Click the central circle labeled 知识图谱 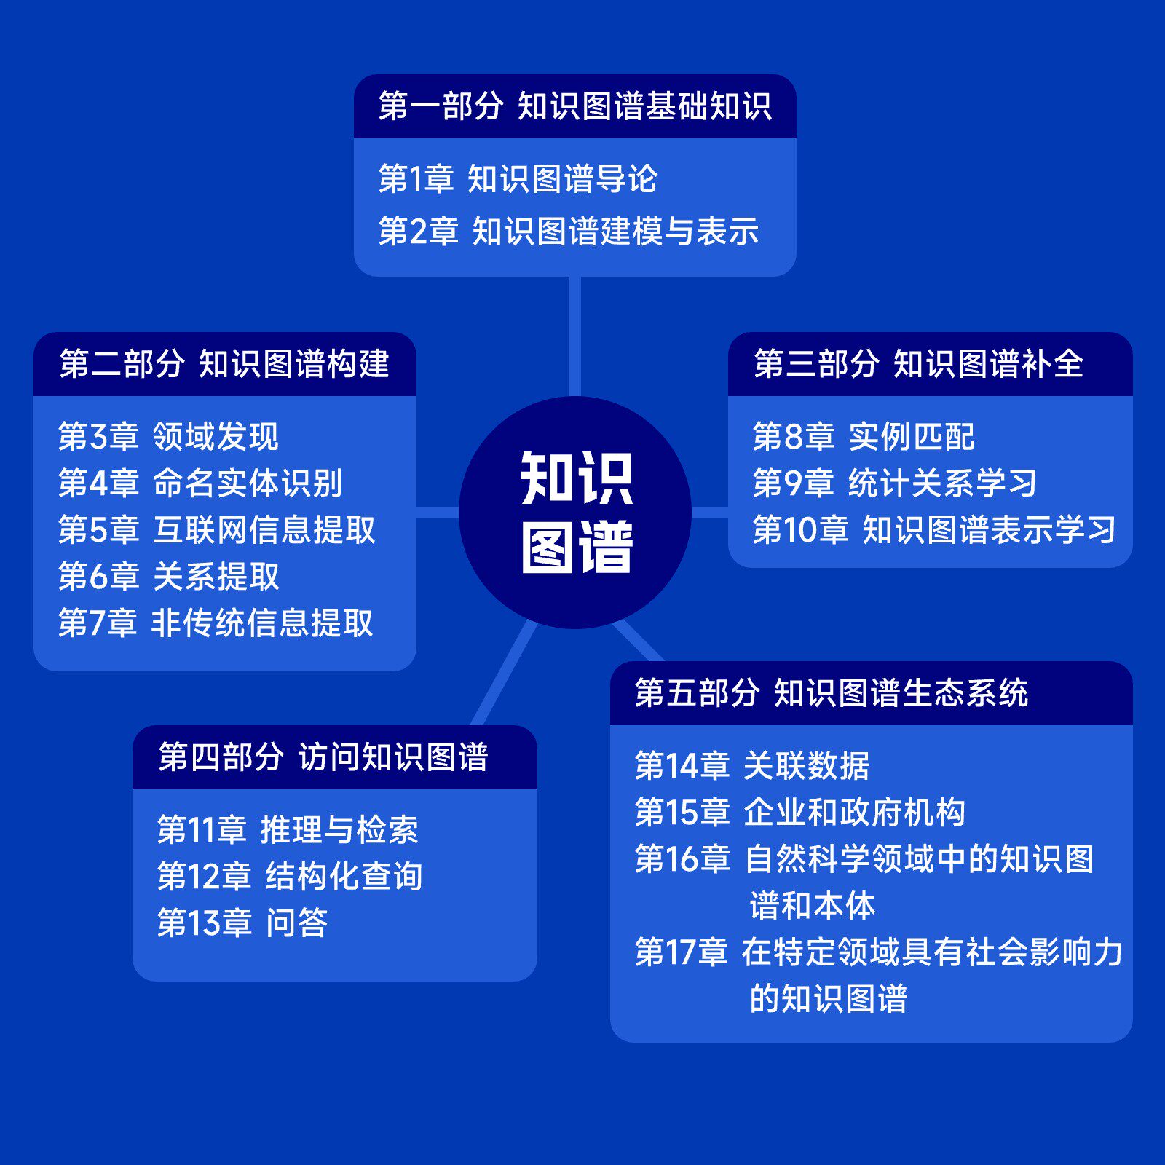tap(575, 512)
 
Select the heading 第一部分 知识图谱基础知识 tap(574, 106)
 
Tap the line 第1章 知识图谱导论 tap(518, 179)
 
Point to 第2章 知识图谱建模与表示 tap(568, 232)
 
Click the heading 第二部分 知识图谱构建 tap(224, 364)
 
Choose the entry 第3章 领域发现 tap(168, 437)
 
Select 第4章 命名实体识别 tap(200, 483)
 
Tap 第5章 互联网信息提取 tap(216, 530)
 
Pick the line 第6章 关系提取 tap(168, 577)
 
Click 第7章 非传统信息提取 tap(216, 623)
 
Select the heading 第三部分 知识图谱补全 tap(918, 364)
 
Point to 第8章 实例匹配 tap(864, 437)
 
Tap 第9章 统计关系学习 tap(895, 483)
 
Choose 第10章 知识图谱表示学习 tap(934, 530)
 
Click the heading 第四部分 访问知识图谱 tap(323, 757)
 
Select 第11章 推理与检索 tap(288, 830)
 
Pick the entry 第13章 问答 tap(242, 923)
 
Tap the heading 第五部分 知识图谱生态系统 tap(831, 693)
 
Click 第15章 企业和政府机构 tap(799, 813)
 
